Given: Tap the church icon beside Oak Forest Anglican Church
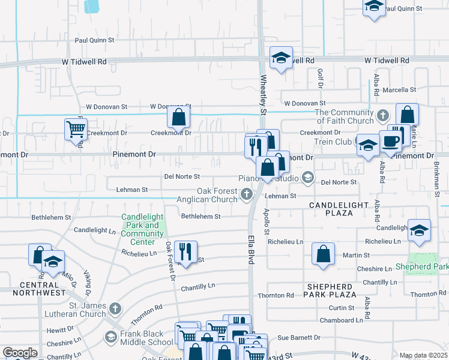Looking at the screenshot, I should coord(246,194).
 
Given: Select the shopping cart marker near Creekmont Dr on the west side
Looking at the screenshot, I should coord(75,128).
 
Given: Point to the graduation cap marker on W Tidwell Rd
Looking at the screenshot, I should coord(280,58).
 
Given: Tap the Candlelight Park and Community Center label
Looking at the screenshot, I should coord(142,229).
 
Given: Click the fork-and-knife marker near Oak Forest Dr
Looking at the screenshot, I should coord(185,251).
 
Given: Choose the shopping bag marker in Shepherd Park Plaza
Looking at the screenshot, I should coord(323,253).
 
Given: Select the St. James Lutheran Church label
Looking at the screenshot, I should coord(70,310).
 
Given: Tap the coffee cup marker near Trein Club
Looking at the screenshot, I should coord(390,141).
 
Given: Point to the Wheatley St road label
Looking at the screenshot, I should coord(263,94).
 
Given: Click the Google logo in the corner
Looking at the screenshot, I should coord(20,353).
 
